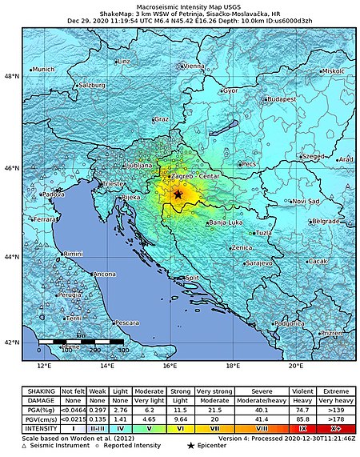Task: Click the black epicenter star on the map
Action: (178, 194)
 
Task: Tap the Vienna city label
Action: (194, 66)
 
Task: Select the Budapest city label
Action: (281, 99)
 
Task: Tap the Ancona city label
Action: (105, 275)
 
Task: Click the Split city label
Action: (192, 279)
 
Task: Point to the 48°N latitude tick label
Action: (13, 76)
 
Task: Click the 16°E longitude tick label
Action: (169, 366)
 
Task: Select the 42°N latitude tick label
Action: (13, 343)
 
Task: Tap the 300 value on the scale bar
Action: (122, 351)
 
